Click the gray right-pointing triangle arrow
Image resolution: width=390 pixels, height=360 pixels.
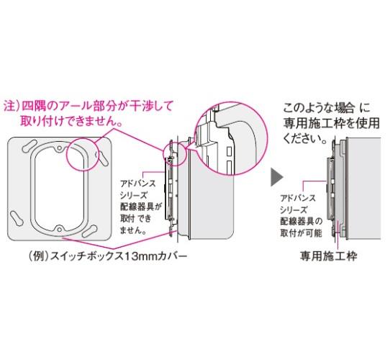coord(276,177)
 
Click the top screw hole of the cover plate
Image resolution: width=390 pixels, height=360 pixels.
coord(60,148)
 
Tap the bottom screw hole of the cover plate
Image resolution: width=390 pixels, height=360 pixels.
coord(59,229)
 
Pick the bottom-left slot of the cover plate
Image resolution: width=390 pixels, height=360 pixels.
coord(17,218)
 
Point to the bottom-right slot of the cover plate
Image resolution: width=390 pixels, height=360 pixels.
coord(89,231)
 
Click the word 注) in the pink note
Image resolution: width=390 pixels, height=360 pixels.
coord(12,107)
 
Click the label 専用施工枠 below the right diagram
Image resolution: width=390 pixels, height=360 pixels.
coord(328,256)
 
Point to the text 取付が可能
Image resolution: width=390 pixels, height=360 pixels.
coord(301,233)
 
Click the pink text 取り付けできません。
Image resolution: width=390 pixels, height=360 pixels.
coord(71,121)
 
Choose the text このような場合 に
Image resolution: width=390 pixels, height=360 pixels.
coord(327,108)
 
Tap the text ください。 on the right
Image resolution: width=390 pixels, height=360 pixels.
coord(304,138)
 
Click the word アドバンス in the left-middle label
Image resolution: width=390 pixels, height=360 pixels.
coord(137,184)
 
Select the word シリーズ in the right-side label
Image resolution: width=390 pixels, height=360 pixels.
coord(294,210)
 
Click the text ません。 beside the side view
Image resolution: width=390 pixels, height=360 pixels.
coord(133,230)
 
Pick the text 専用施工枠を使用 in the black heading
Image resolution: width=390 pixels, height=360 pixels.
coord(332,123)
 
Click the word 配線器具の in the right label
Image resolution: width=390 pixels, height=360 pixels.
coord(301,221)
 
